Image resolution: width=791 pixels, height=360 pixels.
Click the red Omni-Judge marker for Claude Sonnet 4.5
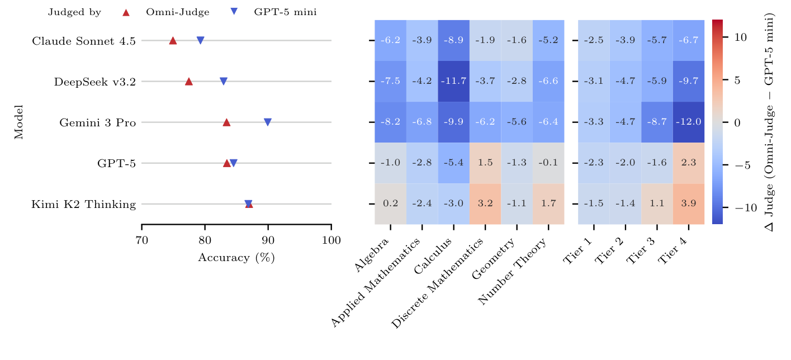click(x=173, y=40)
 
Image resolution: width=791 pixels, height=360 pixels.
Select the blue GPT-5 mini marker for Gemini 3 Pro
click(x=268, y=122)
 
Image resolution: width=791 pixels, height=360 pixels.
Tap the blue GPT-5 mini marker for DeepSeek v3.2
click(x=224, y=82)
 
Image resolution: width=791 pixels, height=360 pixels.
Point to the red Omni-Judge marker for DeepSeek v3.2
click(x=189, y=81)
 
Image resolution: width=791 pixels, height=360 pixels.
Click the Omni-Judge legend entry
click(x=171, y=12)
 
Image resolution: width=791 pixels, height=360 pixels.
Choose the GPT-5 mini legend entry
click(x=285, y=12)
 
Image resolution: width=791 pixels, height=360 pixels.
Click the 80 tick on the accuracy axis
click(x=205, y=240)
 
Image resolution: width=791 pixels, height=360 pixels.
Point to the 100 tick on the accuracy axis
click(x=331, y=240)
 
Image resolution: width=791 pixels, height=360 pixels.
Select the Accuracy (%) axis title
click(x=236, y=258)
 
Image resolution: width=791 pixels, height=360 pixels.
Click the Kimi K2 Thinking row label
click(x=84, y=204)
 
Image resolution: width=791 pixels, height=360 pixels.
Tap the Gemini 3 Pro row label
click(x=98, y=122)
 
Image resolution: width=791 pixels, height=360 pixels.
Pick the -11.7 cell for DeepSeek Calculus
click(x=453, y=81)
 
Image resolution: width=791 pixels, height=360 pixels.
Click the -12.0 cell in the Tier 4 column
click(x=688, y=122)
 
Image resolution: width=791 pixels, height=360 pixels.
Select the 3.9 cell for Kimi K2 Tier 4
click(x=688, y=204)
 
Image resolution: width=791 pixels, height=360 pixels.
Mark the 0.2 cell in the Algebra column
click(x=390, y=204)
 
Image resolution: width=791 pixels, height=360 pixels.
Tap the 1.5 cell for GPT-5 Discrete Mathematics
click(x=485, y=163)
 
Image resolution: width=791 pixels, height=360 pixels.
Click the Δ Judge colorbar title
click(x=776, y=122)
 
